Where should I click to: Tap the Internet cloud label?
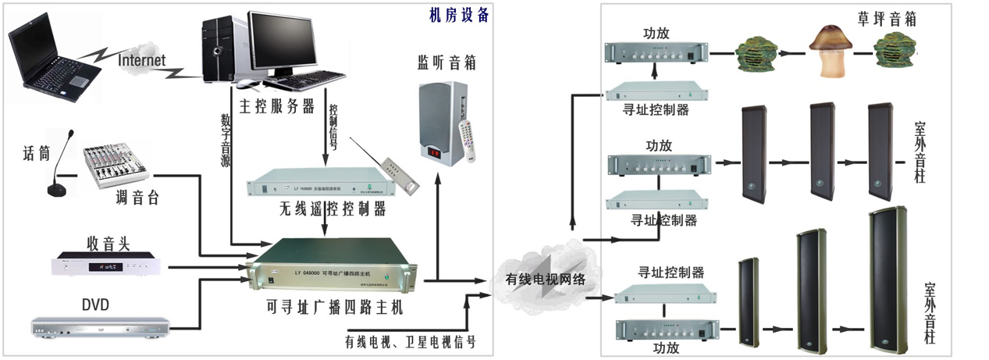(x=141, y=60)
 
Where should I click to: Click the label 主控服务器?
(x=276, y=105)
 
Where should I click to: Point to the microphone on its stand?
(x=62, y=168)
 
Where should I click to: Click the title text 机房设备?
(x=459, y=14)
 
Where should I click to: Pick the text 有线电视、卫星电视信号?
(x=410, y=342)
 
